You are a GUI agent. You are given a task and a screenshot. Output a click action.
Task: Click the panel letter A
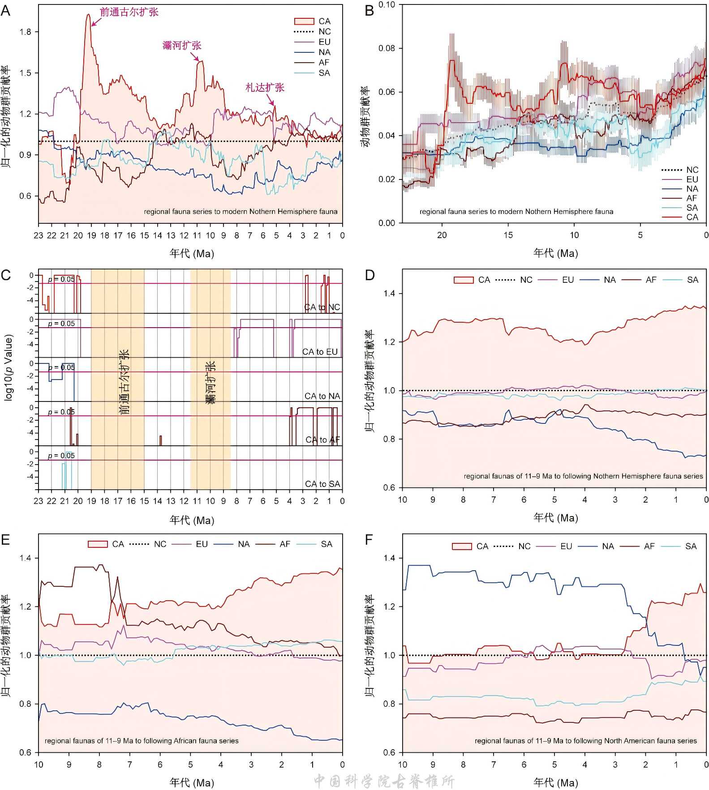click(x=5, y=10)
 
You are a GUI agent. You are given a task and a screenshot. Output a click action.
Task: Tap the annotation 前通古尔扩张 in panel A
click(x=129, y=12)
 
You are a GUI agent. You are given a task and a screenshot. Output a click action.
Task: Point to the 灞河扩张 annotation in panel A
click(x=182, y=45)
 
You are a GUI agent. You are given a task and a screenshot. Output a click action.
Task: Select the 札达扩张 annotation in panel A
click(x=265, y=87)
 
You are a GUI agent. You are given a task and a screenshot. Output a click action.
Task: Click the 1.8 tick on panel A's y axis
click(x=26, y=32)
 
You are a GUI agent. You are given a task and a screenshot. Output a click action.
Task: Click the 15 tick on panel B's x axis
click(x=508, y=235)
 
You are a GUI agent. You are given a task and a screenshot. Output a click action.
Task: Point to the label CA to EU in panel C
click(x=320, y=352)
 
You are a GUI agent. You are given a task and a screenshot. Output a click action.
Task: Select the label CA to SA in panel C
click(x=322, y=484)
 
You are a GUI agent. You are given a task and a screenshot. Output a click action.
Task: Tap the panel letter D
click(x=370, y=274)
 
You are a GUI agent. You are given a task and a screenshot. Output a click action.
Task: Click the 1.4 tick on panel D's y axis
click(x=389, y=294)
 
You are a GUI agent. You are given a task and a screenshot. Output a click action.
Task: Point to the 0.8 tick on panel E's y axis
click(x=26, y=704)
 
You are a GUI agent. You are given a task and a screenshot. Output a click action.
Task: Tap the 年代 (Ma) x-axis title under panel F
click(x=555, y=782)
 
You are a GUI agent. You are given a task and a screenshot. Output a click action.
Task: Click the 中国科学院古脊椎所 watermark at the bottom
click(x=384, y=781)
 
